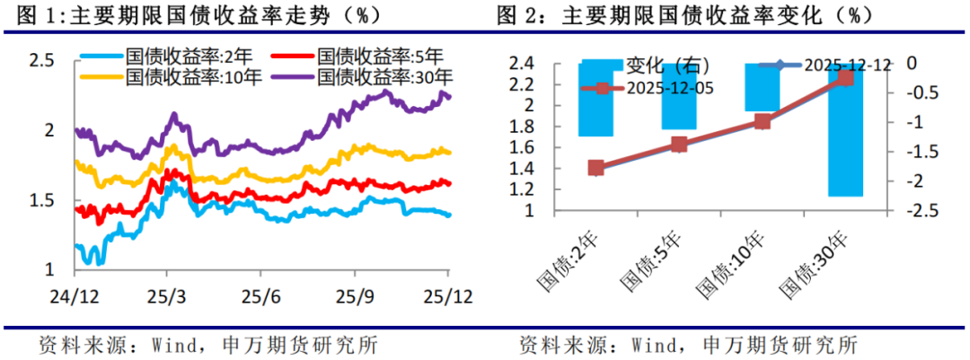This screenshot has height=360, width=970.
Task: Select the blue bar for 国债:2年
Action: coord(595,100)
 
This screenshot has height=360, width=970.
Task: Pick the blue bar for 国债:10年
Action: coord(763,87)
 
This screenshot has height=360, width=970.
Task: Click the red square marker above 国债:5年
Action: coord(679,145)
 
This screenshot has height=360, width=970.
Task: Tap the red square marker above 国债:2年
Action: coord(595,168)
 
